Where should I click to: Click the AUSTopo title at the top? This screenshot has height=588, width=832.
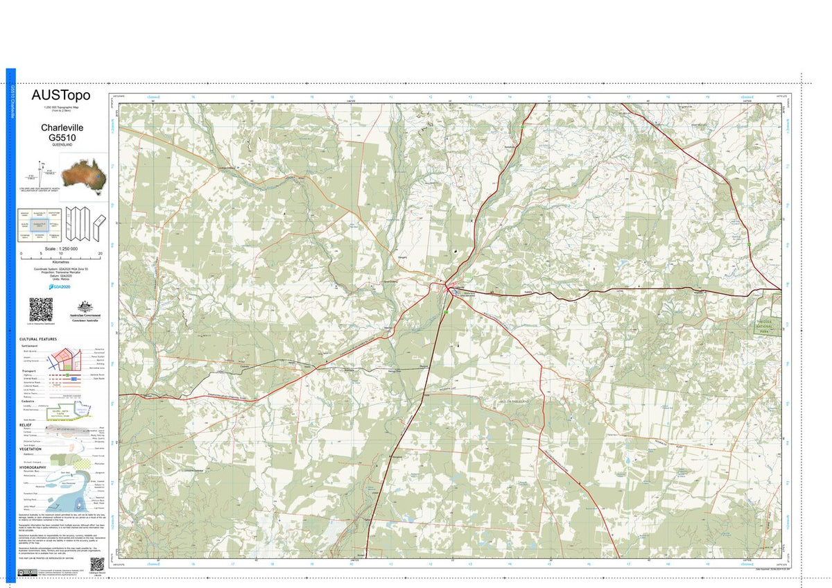point(61,96)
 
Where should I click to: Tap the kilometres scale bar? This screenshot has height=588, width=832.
point(61,254)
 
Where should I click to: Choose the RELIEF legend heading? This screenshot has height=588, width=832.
point(26,424)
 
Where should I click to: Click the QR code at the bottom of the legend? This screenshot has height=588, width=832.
point(96,564)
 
